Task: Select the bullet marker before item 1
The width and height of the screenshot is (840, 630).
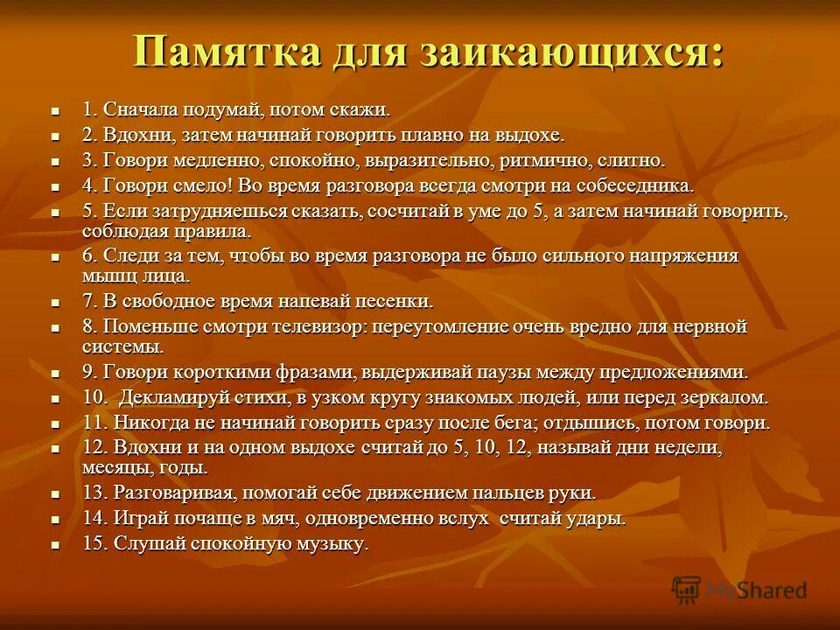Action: (55, 113)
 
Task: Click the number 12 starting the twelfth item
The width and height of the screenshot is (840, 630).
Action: (93, 447)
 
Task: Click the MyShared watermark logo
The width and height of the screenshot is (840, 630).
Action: (739, 590)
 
